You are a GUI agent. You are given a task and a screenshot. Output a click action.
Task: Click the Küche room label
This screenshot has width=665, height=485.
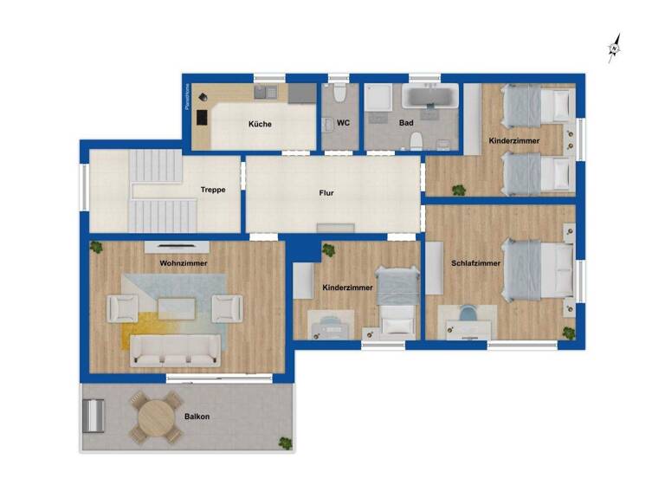click(x=260, y=124)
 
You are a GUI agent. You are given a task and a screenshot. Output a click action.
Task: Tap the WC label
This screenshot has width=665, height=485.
click(x=343, y=123)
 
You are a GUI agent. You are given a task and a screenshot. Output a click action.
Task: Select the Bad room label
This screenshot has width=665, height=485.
click(x=406, y=123)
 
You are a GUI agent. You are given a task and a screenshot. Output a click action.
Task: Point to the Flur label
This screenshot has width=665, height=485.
click(x=326, y=193)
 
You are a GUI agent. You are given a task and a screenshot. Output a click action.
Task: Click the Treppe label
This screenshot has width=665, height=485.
click(x=213, y=190)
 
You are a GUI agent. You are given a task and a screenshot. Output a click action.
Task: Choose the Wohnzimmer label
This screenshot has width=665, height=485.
click(x=183, y=263)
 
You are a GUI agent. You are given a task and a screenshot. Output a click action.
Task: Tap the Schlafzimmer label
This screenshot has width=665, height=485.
click(x=475, y=263)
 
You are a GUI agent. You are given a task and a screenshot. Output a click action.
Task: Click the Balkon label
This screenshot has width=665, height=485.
click(x=197, y=417)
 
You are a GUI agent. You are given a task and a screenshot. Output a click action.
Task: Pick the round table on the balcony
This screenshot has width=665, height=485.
click(x=156, y=417)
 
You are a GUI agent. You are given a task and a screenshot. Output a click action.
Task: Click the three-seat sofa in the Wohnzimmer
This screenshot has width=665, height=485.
click(x=174, y=350)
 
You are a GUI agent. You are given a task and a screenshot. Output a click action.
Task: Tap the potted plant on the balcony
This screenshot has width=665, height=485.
click(x=285, y=443)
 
